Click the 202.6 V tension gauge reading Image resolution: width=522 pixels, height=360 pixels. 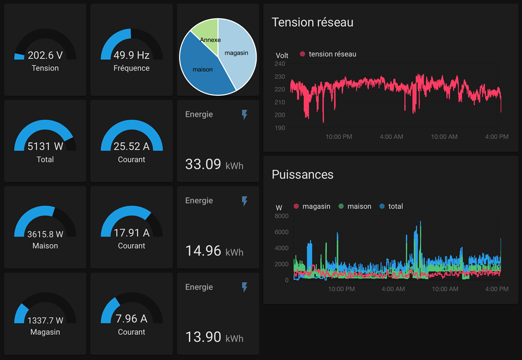pyautogui.click(x=45, y=55)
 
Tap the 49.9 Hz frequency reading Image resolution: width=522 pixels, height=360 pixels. pyautogui.click(x=132, y=55)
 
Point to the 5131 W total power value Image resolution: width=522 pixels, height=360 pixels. pyautogui.click(x=45, y=147)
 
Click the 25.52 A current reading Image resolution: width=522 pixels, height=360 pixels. pyautogui.click(x=132, y=147)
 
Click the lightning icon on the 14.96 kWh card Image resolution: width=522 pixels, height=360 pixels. pyautogui.click(x=245, y=201)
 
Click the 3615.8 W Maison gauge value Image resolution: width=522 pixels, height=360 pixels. pyautogui.click(x=45, y=234)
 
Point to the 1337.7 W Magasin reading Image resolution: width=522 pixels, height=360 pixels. pyautogui.click(x=45, y=320)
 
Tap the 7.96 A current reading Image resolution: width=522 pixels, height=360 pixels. pyautogui.click(x=132, y=319)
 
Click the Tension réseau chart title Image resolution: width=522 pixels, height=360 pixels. pyautogui.click(x=312, y=22)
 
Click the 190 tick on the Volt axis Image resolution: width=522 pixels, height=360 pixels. pyautogui.click(x=279, y=128)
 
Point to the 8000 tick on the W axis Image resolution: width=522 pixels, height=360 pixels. pyautogui.click(x=281, y=216)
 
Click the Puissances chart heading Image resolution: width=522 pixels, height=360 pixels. pyautogui.click(x=303, y=174)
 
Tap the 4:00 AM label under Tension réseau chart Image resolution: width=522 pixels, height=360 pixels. pyautogui.click(x=391, y=137)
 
